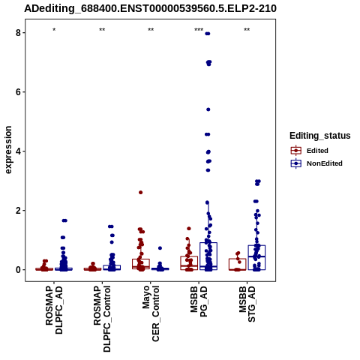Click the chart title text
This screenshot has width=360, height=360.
(150, 8)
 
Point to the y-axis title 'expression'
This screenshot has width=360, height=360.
(8, 150)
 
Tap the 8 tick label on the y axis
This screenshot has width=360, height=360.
(18, 33)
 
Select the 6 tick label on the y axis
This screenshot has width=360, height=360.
(18, 92)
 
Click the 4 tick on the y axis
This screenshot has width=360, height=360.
(18, 151)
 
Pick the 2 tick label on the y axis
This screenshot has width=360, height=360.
(18, 211)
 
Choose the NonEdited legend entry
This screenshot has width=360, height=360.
(316, 163)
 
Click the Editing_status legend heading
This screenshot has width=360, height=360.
(320, 136)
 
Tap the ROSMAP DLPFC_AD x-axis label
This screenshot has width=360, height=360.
(54, 310)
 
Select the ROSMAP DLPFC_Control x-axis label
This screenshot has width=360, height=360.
(102, 319)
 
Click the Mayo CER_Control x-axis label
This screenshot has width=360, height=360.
(151, 313)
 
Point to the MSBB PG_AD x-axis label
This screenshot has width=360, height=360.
(199, 301)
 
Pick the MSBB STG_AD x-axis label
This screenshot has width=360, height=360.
(247, 304)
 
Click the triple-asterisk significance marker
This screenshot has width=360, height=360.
(199, 30)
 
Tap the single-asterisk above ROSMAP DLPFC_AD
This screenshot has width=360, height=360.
(54, 30)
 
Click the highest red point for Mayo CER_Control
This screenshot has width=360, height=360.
(140, 193)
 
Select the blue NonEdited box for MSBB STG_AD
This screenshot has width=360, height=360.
(256, 257)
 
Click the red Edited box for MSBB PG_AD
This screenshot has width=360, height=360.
(189, 263)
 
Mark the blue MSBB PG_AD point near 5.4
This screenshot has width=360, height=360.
(208, 109)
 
